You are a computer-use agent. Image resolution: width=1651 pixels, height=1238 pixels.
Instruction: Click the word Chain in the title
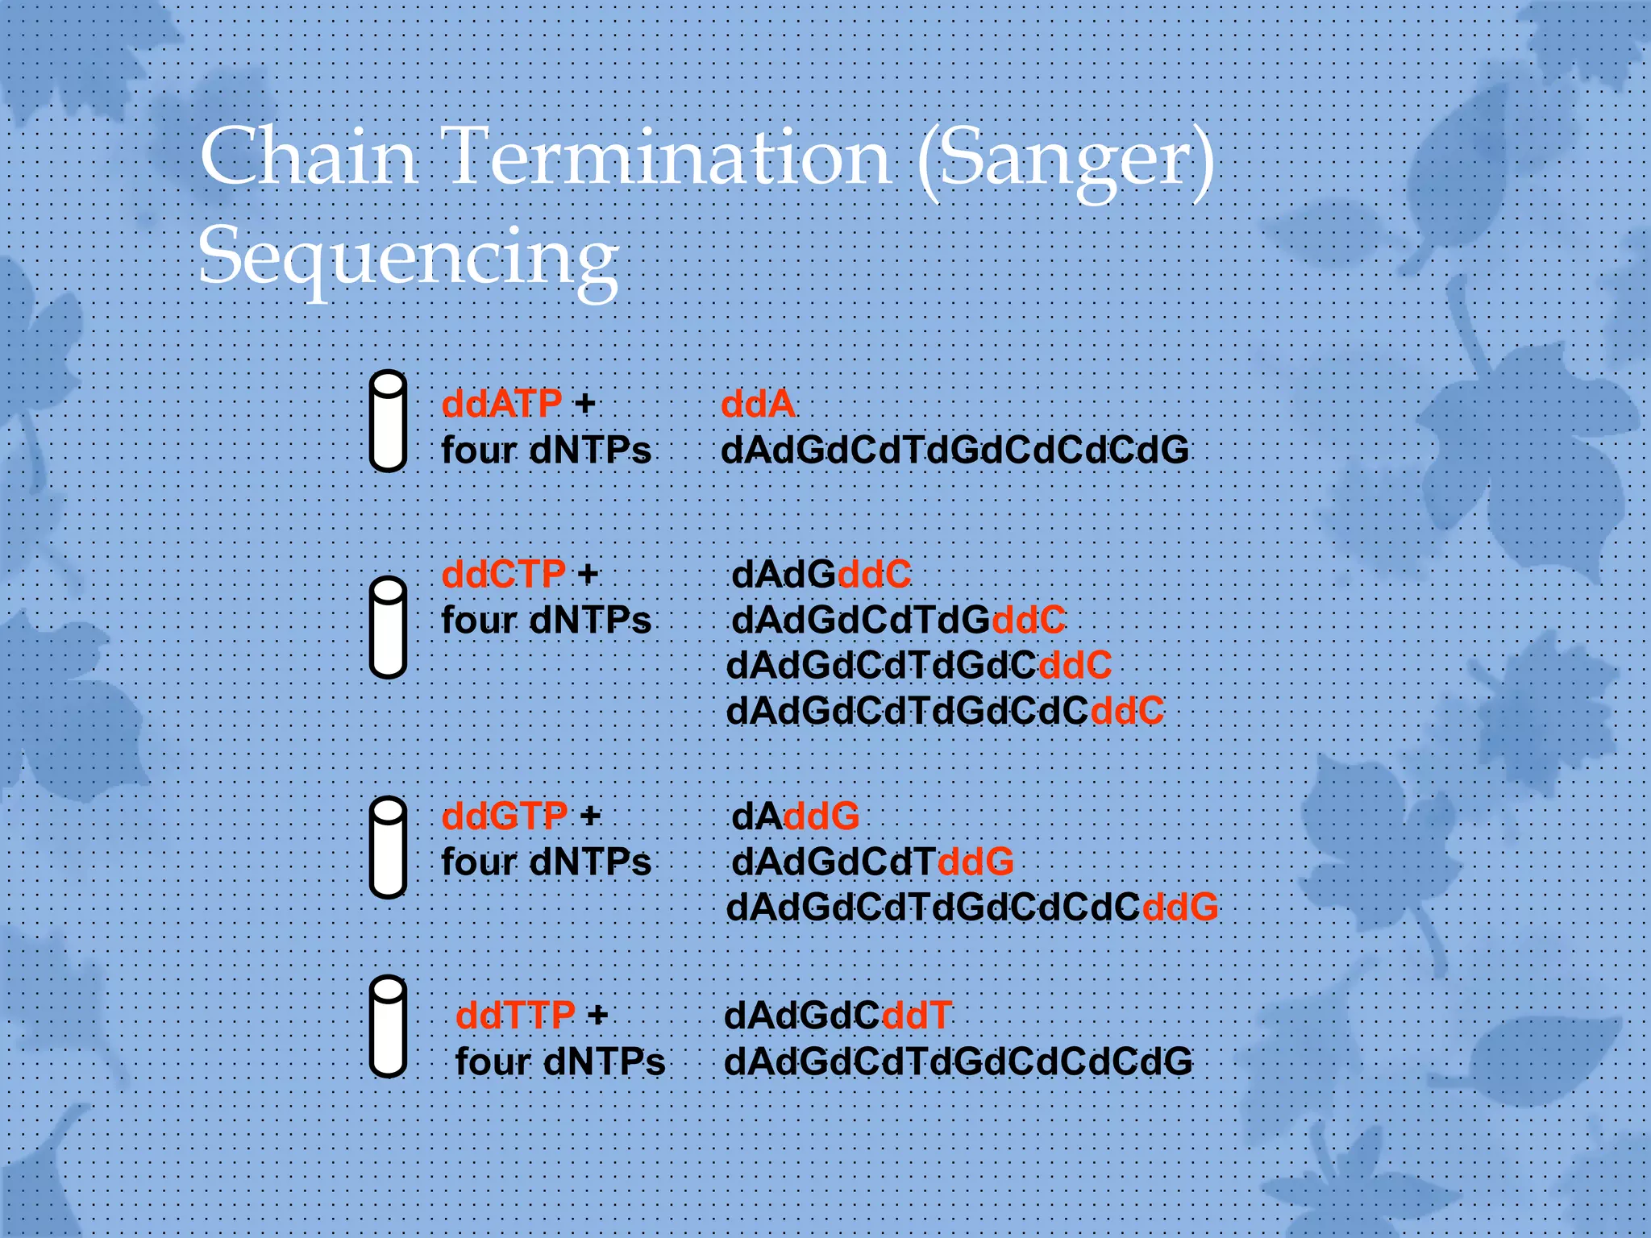coord(308,156)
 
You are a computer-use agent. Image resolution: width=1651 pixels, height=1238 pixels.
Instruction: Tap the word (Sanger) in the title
coord(1066,161)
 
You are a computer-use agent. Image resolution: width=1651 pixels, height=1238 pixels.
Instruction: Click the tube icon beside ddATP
coord(388,421)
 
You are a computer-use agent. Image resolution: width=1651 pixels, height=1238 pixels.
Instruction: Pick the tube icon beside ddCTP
coord(388,627)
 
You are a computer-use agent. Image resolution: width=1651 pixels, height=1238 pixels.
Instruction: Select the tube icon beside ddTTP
coord(388,1026)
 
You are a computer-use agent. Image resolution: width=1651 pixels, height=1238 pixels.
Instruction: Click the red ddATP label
coord(501,403)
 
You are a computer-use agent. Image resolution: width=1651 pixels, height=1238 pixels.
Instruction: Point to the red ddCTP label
coord(503,575)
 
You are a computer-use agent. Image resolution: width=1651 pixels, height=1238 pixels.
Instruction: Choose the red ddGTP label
coord(505,816)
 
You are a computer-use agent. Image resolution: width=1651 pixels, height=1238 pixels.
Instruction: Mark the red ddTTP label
coord(516,1015)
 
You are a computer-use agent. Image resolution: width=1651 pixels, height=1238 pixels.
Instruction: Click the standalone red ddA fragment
coord(757,404)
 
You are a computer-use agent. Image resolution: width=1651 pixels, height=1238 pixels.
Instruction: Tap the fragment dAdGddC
coord(821,575)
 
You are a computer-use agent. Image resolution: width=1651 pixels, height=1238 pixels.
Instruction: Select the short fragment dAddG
coord(795,816)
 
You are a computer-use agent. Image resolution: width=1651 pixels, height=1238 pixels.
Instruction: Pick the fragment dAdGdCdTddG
coord(872,862)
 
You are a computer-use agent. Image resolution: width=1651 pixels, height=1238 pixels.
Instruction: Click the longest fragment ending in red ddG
coord(971,908)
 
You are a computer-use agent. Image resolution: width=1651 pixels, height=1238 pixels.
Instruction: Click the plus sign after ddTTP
coord(597,1015)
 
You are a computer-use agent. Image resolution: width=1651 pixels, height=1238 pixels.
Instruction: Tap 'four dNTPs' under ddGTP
coord(546,862)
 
